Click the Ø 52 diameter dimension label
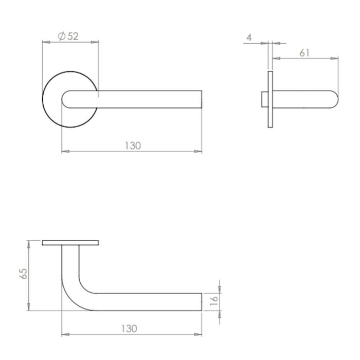pos(68,37)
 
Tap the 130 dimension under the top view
pos(133,146)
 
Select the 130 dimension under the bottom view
pos(129,329)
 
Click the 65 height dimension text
pos(24,274)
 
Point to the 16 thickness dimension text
pos(214,300)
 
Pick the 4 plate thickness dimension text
pos(249,37)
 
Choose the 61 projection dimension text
pos(304,53)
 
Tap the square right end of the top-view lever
pos(202,99)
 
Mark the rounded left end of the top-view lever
pos(63,99)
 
